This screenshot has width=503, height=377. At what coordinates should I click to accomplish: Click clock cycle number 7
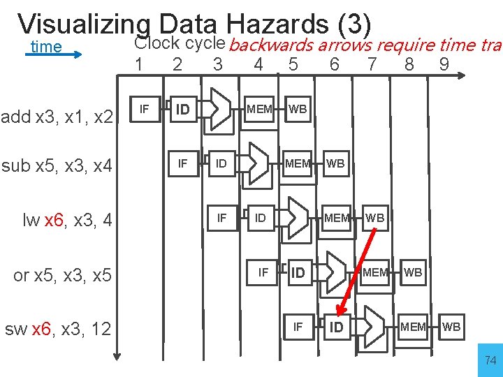(372, 64)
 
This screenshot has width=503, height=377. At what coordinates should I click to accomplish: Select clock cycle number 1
(140, 64)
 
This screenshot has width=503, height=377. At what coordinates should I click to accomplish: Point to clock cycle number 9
(444, 64)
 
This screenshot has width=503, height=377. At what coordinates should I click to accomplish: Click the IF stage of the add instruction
(144, 108)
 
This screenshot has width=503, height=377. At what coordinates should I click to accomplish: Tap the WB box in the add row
(298, 109)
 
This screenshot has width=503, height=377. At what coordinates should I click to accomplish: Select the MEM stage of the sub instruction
(298, 163)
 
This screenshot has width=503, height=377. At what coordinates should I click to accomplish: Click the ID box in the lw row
(260, 218)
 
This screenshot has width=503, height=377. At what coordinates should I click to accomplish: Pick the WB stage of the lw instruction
(375, 218)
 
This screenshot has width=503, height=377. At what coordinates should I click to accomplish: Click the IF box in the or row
(263, 272)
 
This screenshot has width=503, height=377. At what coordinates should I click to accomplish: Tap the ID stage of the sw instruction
(337, 327)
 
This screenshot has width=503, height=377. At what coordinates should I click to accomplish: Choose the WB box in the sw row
(451, 326)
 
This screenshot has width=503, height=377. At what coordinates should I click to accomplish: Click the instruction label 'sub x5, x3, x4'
(57, 166)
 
